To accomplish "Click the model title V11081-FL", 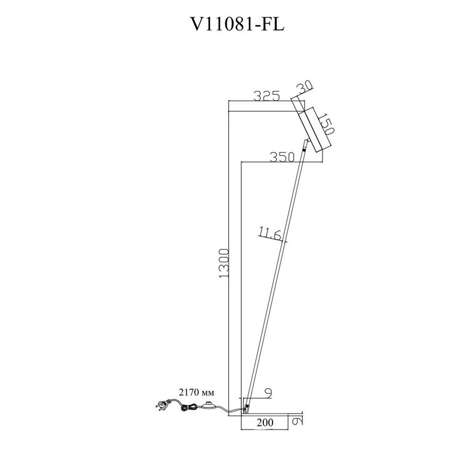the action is point(237,24).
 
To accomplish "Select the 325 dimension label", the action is point(267,96).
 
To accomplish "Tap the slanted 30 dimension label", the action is point(305,87).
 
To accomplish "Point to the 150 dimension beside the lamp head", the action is point(326,124).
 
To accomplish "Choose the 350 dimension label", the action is point(282,157).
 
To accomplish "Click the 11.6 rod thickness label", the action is point(270,234).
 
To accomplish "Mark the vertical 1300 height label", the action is point(224,263).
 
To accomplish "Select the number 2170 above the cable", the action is point(189,392).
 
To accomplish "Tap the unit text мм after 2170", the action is point(208,393).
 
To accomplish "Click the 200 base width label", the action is point(265,422).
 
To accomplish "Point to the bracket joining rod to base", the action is point(246,409).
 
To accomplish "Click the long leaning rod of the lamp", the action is point(275,278).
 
